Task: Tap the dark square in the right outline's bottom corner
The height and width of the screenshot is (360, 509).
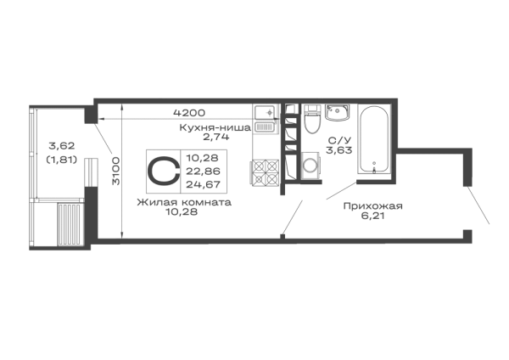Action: click(x=467, y=232)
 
